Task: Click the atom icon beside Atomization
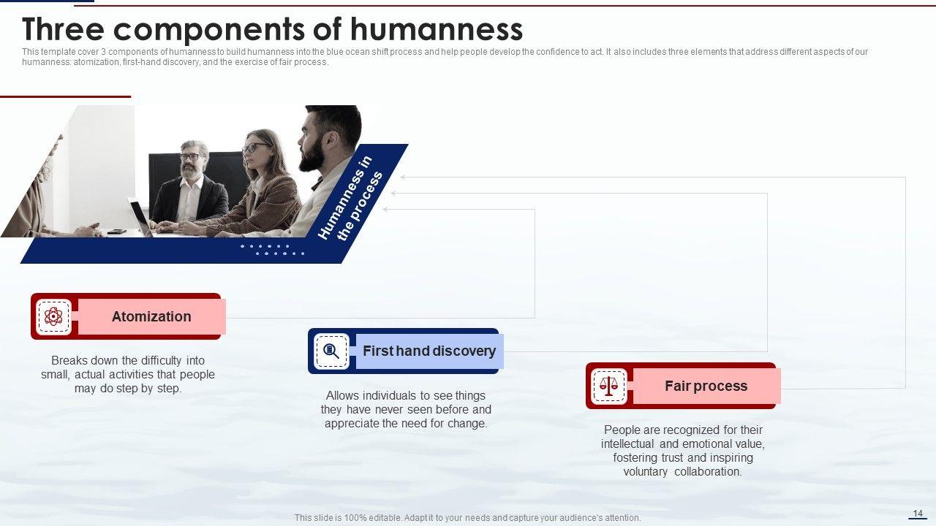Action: click(x=53, y=316)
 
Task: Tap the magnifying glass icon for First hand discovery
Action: click(x=331, y=351)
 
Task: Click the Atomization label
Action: click(x=151, y=316)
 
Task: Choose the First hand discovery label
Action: click(x=429, y=351)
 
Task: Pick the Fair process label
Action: click(x=706, y=386)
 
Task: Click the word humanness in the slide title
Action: click(x=437, y=29)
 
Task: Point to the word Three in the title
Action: click(x=63, y=29)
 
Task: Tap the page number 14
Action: click(x=918, y=513)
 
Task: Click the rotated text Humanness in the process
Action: click(x=350, y=198)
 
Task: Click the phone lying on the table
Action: click(x=116, y=232)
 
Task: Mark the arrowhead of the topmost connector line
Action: click(x=402, y=177)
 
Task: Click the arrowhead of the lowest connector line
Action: click(x=385, y=209)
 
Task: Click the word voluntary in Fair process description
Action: click(x=645, y=472)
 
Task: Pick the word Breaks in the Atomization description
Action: click(x=69, y=360)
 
